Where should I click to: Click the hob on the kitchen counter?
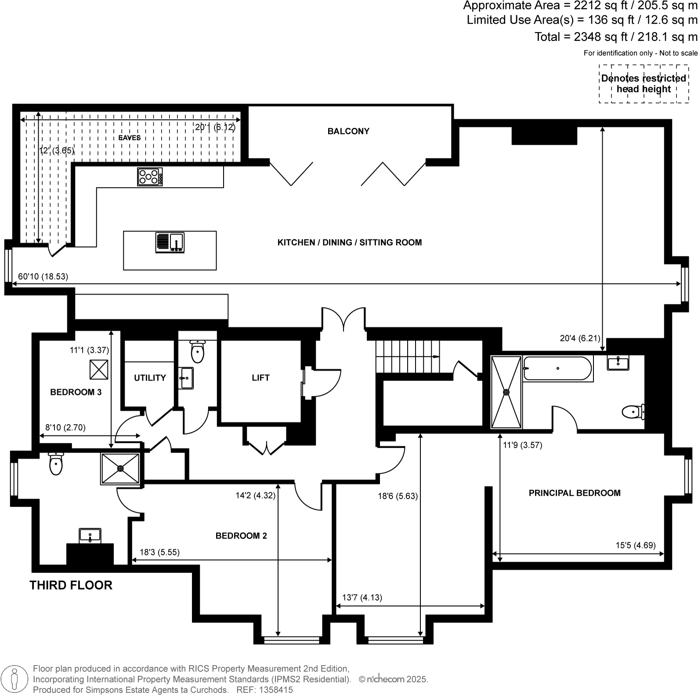150,177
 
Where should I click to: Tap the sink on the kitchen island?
170,243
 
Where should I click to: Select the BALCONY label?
348,131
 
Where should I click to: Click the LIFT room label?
260,377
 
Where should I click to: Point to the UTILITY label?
150,378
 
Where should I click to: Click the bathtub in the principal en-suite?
557,368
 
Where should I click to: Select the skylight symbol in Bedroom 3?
99,369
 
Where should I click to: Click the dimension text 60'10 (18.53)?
43,277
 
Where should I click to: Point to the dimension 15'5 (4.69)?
635,545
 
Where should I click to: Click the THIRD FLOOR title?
71,585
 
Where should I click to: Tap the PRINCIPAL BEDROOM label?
575,493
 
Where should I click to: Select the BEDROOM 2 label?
241,536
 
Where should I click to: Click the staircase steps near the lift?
406,356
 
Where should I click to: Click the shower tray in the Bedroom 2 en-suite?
120,469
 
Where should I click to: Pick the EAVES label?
130,138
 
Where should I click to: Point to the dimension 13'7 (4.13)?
362,597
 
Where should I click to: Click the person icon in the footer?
14,679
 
